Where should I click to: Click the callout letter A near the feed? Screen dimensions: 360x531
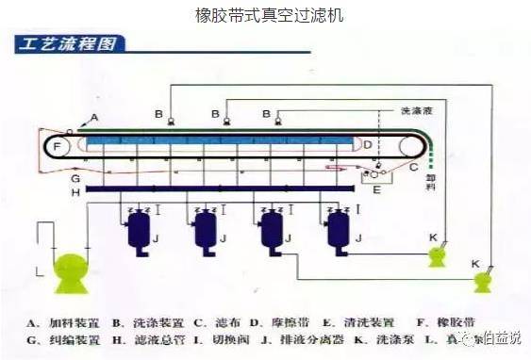pos(93,118)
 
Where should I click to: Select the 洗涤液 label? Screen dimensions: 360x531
pos(415,110)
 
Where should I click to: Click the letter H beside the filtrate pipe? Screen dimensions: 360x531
pos(75,191)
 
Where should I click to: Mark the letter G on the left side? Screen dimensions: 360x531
pos(75,177)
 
